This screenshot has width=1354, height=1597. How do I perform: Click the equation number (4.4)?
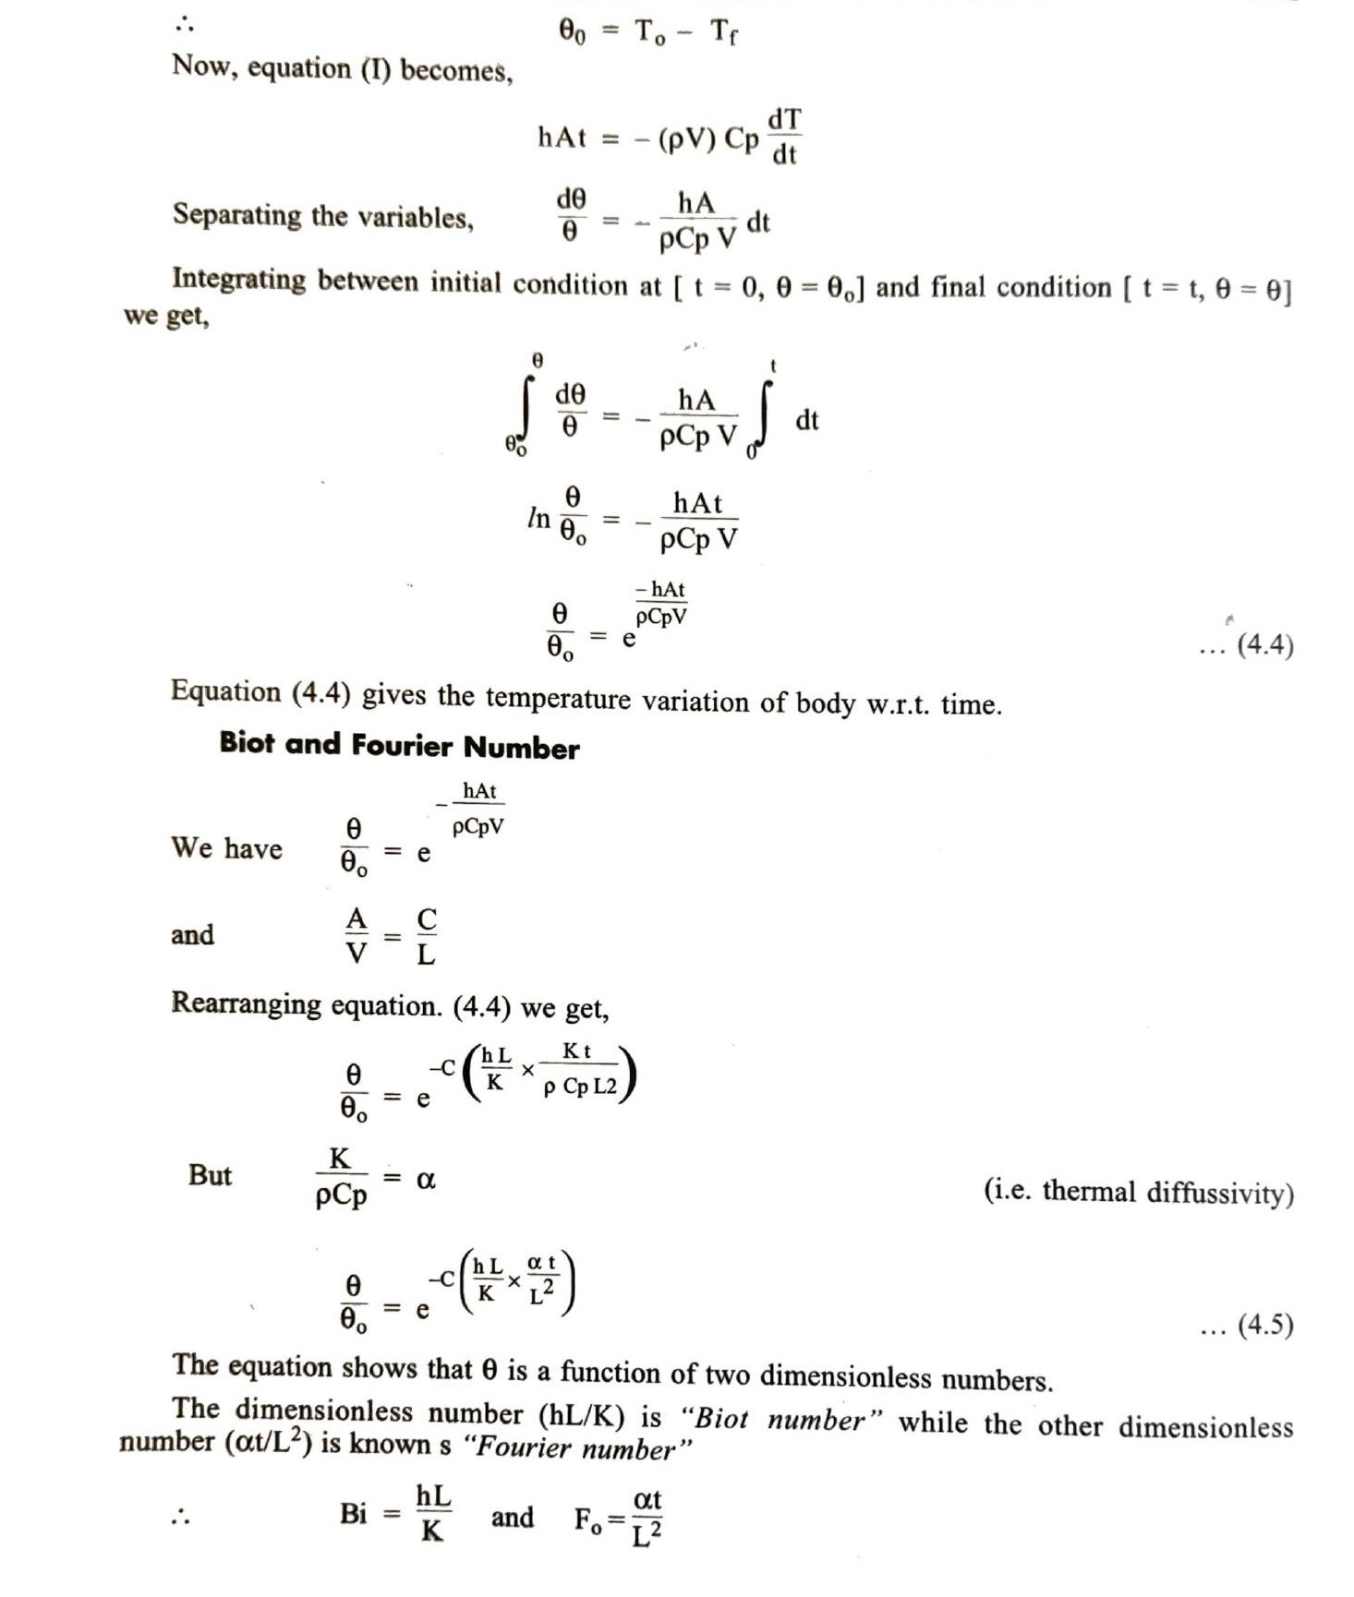1264,644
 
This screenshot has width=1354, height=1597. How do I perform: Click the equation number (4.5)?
1264,1326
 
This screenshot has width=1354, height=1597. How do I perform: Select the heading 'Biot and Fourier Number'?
399,745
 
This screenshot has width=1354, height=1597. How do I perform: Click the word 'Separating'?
236,215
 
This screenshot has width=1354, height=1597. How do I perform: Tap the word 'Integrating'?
238,279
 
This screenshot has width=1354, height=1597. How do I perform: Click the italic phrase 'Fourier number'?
575,1447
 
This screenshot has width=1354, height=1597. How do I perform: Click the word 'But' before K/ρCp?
210,1175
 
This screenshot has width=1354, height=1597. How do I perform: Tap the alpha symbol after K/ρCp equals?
426,1179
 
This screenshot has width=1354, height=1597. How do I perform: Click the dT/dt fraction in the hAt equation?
784,136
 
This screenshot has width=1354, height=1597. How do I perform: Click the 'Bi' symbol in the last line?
353,1514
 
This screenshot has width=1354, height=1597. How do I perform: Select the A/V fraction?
356,935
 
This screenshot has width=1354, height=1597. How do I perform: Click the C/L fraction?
426,936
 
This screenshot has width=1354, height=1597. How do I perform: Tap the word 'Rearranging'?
246,1003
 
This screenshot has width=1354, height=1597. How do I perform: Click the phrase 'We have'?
226,847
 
